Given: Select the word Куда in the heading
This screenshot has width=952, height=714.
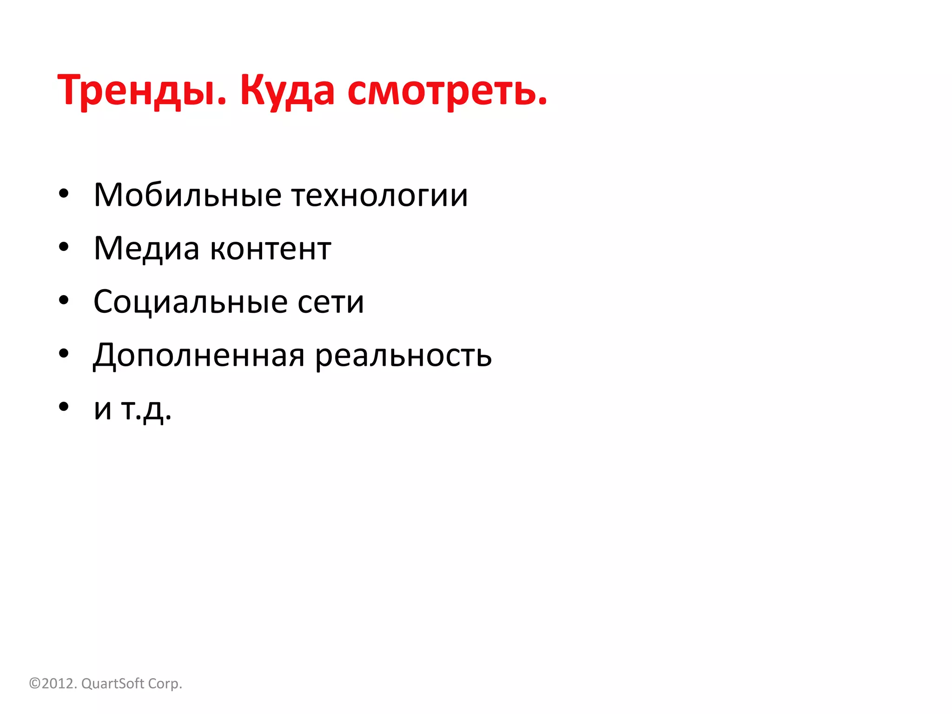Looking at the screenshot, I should pos(287,91).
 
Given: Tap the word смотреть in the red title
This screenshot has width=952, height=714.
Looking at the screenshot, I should pos(446,91).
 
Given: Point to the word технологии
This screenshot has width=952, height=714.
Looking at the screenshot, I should pos(380,195).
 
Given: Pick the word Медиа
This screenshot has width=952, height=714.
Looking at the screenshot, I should pos(146,248).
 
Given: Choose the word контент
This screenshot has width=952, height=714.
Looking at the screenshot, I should pos(271,249).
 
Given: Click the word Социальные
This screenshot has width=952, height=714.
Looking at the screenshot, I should pos(184,302).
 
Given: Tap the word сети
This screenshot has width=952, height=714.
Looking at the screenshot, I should pos(331,303).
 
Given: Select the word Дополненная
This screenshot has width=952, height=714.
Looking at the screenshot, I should pos(199,356).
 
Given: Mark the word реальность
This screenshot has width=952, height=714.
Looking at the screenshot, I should pos(403,356).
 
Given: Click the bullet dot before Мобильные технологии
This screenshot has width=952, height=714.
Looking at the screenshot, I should pos(64,193).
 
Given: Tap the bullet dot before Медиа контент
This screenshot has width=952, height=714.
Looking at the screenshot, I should pos(64,247).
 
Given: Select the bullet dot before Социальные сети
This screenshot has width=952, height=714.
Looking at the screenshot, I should pos(64,300).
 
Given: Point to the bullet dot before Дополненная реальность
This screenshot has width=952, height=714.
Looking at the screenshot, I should pos(64,354).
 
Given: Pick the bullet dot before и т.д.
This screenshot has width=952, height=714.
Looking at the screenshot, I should pos(64,407).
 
